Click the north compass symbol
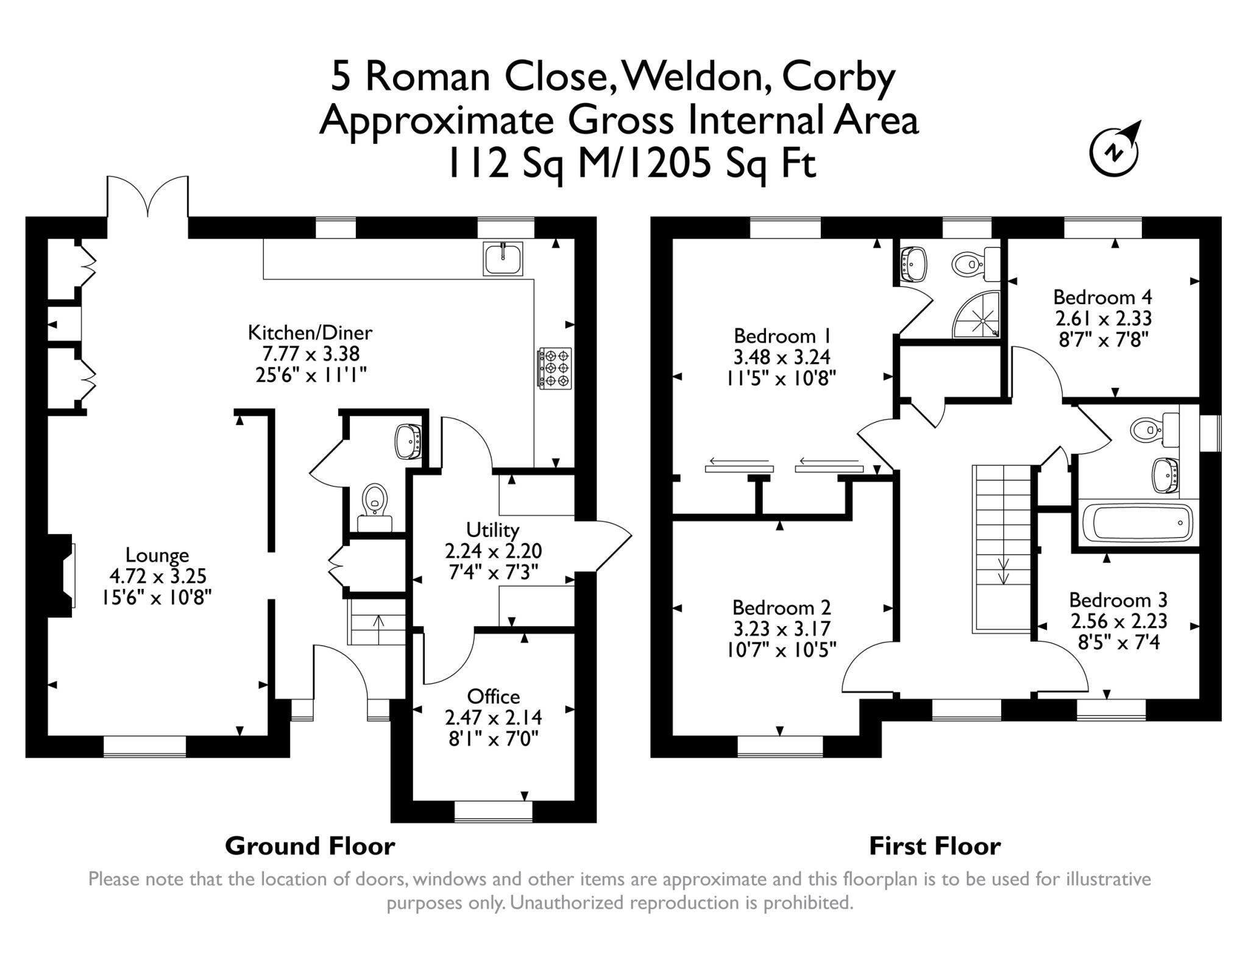[x=1113, y=149]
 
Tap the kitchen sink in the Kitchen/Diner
[x=503, y=259]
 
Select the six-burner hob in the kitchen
[x=555, y=368]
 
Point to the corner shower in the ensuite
[x=977, y=314]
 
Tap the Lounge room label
[x=157, y=555]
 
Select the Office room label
[x=494, y=696]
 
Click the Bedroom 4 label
[x=1103, y=297]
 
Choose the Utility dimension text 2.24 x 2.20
[x=494, y=551]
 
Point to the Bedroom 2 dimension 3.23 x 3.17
[x=782, y=628]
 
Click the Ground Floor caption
[x=310, y=846]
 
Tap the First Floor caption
[x=935, y=846]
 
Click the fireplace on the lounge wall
[x=62, y=576]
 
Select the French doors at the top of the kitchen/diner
[x=147, y=196]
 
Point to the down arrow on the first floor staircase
[x=1003, y=571]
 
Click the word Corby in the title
[x=838, y=78]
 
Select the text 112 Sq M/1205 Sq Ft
[x=631, y=164]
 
